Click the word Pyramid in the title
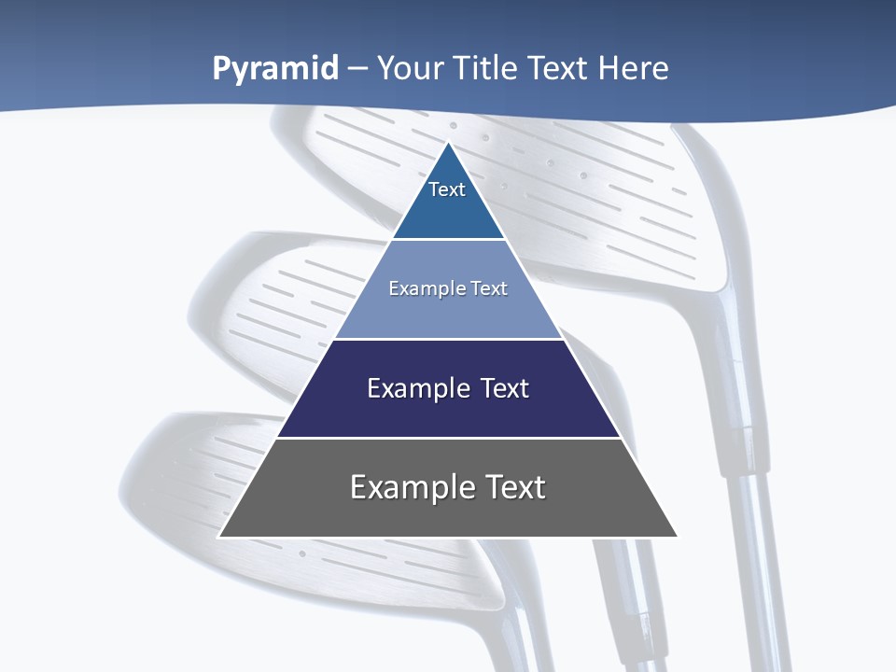pyautogui.click(x=274, y=69)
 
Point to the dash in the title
pyautogui.click(x=357, y=69)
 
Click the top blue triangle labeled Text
pyautogui.click(x=448, y=201)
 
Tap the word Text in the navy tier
pyautogui.click(x=505, y=388)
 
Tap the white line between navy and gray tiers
pyautogui.click(x=448, y=438)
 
